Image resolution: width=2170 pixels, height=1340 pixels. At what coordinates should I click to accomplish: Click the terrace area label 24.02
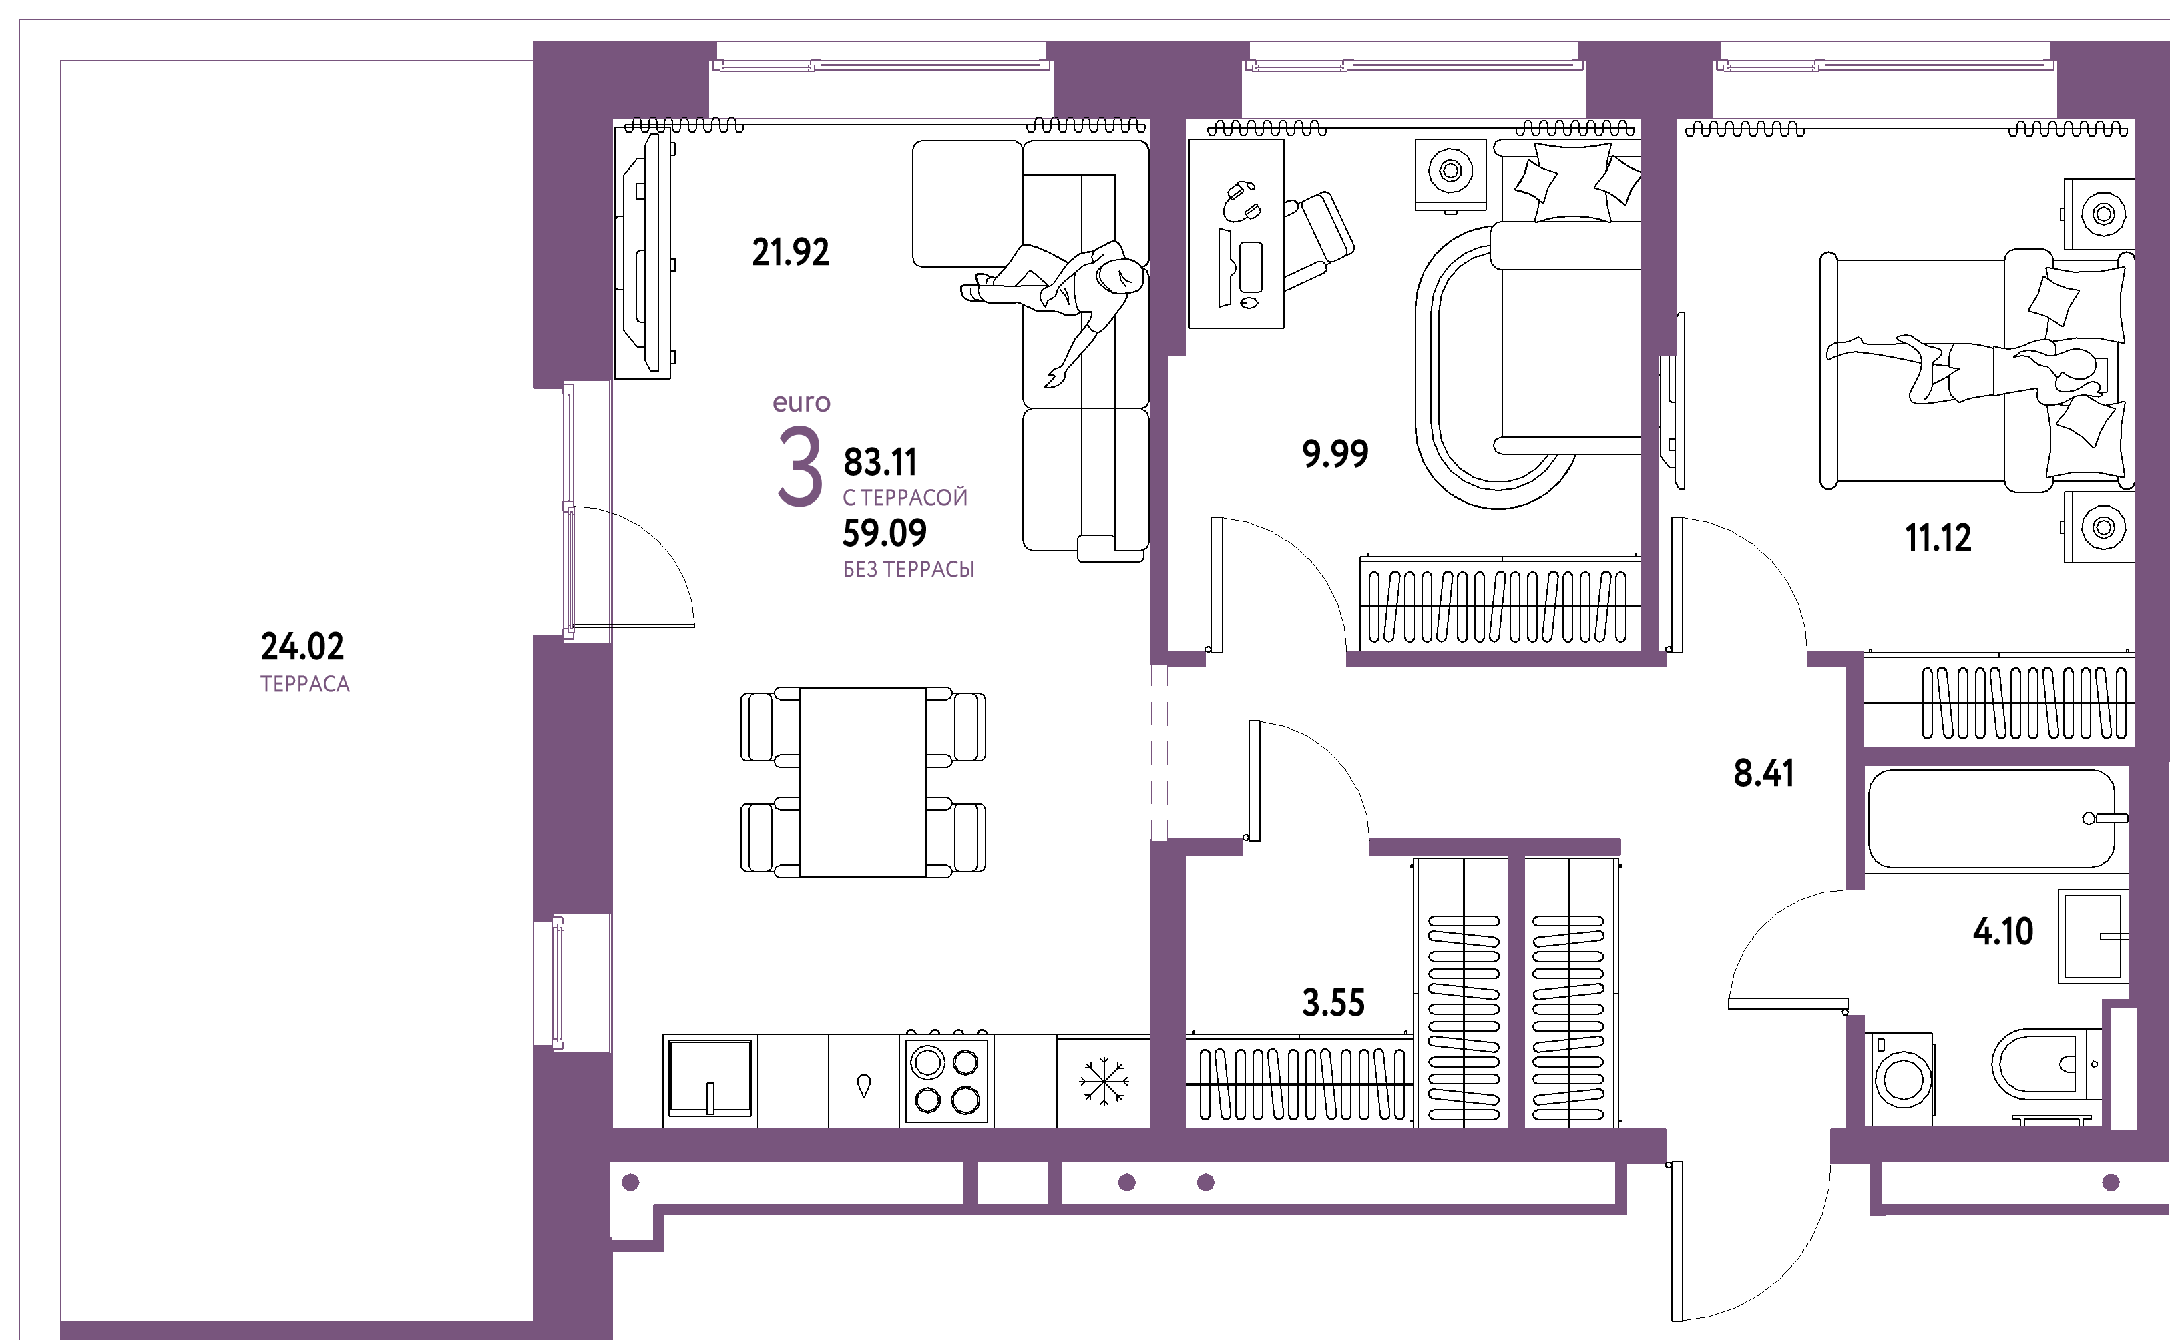point(302,646)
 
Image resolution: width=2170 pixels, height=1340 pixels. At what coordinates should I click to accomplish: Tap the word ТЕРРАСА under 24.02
point(305,684)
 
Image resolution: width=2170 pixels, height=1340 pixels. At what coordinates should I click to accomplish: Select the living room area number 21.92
point(791,252)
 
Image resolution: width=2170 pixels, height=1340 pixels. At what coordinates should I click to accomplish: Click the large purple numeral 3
point(800,466)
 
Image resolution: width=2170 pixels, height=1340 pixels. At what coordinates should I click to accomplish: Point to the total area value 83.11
point(880,462)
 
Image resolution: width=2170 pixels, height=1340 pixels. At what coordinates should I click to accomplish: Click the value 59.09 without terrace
point(885,533)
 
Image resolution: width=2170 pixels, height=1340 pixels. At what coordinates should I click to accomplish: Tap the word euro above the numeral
point(801,402)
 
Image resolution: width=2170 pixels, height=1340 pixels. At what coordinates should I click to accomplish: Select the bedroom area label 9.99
point(1335,454)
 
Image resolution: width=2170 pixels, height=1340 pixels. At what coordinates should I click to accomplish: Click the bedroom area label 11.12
point(1938,538)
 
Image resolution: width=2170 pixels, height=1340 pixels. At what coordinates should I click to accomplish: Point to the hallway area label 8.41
point(1764,773)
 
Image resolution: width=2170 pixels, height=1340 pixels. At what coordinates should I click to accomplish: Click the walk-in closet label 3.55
point(1333,1003)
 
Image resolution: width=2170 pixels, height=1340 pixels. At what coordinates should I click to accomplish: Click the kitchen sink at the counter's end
point(710,1078)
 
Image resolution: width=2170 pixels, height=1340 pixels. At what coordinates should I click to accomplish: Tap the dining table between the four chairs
point(863,781)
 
